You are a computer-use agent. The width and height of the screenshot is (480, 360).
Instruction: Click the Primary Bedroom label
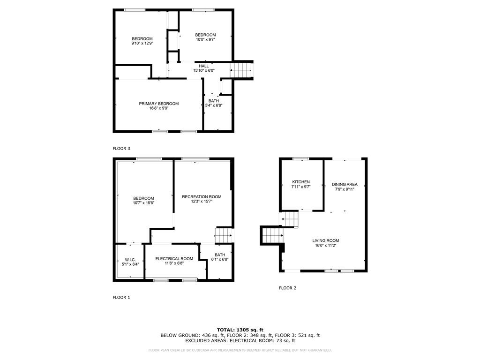158,104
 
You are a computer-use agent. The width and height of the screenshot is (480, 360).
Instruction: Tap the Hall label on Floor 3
203,66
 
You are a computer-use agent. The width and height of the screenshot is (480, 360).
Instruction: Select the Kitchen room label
301,182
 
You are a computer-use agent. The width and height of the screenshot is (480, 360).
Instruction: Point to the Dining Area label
345,184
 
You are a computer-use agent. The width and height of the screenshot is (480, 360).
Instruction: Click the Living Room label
325,240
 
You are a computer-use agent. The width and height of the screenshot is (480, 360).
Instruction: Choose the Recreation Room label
202,196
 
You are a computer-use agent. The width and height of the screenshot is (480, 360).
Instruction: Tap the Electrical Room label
174,259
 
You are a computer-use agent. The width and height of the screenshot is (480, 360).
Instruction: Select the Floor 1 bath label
220,255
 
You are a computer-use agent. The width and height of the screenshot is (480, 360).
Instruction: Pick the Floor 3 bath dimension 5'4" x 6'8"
214,105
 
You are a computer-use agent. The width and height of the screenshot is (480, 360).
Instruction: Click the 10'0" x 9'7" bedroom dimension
205,40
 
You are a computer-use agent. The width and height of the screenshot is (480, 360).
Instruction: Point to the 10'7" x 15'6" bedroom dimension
143,203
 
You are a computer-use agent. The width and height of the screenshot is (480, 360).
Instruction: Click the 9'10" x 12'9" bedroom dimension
142,43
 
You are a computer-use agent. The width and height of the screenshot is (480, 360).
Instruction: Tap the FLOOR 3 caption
121,149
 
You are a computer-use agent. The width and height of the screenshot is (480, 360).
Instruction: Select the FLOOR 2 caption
287,288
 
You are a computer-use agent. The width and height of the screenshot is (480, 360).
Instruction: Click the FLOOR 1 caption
121,297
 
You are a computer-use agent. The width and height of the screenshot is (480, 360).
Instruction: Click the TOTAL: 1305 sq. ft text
240,330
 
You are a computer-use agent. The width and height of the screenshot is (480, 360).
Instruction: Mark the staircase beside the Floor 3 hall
241,70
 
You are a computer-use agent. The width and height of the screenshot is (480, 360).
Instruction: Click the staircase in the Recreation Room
224,235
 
